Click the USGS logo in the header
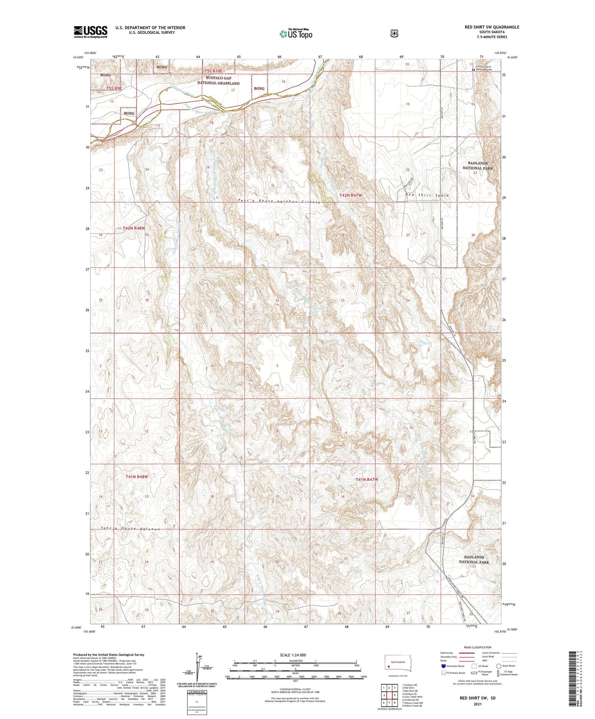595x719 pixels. (90, 32)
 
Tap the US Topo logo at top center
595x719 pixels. (296, 34)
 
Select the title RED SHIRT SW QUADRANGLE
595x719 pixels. (492, 27)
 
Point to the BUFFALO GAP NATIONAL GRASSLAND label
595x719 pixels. (218, 81)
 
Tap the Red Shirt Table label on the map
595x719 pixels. (427, 195)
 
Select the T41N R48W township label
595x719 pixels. (135, 477)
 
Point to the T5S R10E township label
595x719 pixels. (214, 71)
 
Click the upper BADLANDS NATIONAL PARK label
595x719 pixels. (478, 165)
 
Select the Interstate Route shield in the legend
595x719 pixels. (443, 666)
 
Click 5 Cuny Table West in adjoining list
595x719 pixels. (412, 696)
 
